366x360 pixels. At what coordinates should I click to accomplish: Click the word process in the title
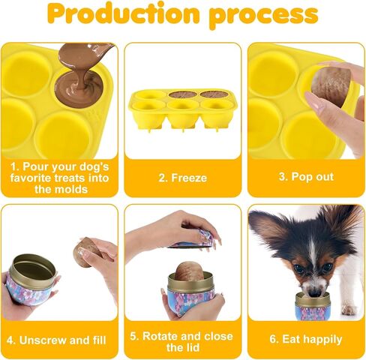tap(263, 16)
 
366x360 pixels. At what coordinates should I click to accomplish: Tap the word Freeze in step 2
tap(189, 178)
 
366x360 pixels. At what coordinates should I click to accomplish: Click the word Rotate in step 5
tap(160, 336)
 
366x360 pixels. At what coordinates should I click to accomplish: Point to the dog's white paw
tap(349, 310)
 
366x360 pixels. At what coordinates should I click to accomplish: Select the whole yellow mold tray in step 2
tap(182, 110)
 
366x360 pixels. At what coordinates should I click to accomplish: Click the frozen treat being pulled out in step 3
tap(328, 85)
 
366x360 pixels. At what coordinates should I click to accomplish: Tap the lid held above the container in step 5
tap(193, 240)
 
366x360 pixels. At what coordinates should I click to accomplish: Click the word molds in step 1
tap(73, 189)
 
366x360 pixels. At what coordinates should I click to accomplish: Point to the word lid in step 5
tap(193, 347)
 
